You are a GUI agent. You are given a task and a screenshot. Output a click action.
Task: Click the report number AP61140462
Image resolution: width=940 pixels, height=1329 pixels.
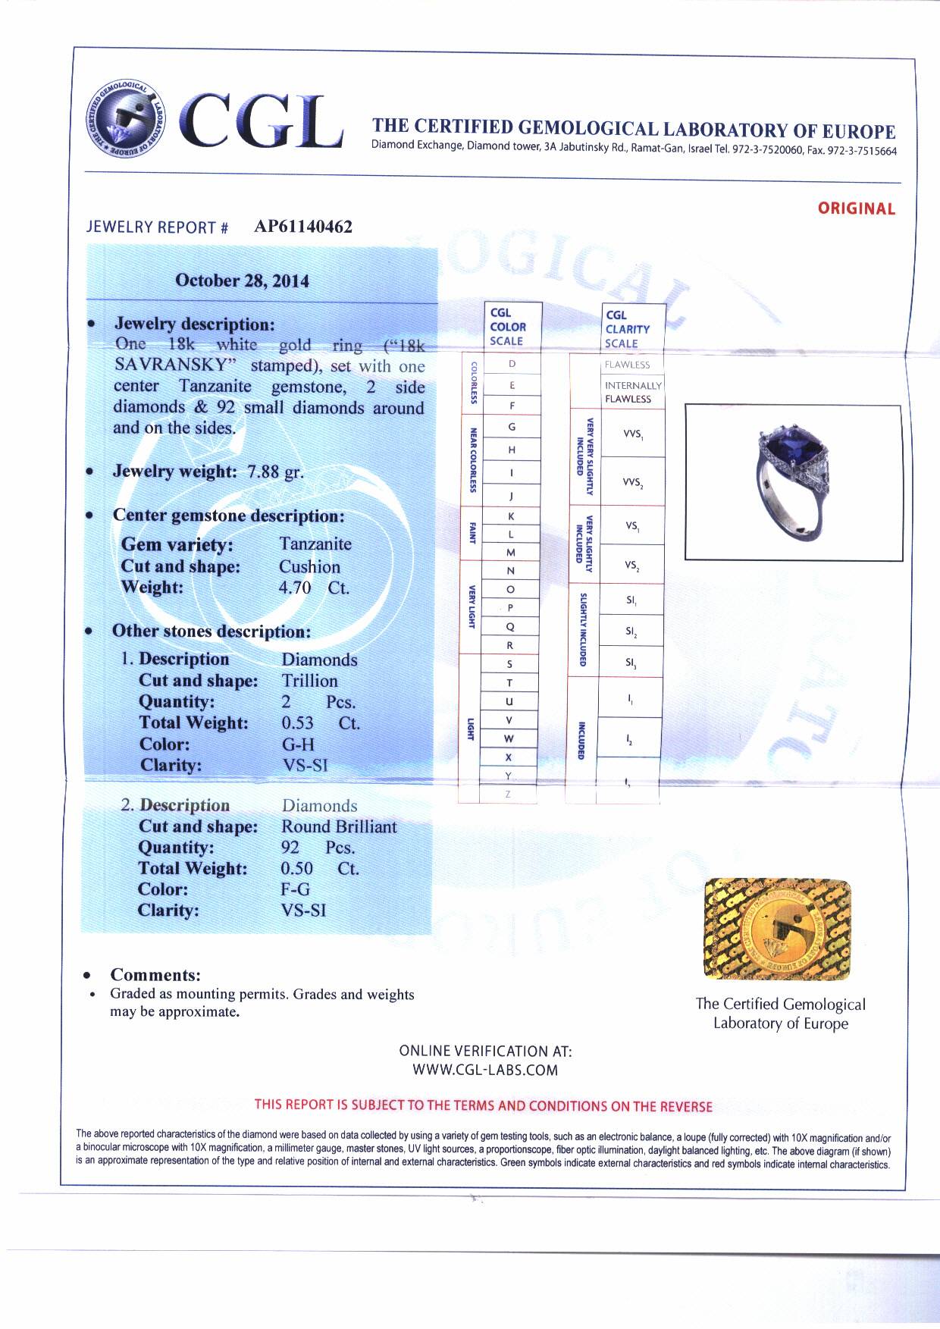(x=303, y=227)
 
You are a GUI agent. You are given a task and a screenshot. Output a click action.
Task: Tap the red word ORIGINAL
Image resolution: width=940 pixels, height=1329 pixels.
(x=856, y=208)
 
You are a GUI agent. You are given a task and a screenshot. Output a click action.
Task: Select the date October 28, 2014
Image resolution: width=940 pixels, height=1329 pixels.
(x=242, y=281)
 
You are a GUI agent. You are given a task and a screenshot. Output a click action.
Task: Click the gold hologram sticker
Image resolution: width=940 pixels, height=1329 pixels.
(x=777, y=929)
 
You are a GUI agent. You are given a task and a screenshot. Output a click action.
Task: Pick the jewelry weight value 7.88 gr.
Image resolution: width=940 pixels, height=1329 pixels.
(x=275, y=472)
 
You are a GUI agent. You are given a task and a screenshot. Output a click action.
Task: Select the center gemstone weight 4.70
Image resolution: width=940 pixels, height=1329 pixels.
(x=295, y=588)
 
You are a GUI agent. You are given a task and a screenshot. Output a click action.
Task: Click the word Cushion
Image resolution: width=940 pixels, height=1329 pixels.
(x=309, y=567)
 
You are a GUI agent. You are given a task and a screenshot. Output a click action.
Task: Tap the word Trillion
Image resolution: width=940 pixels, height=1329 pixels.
(x=309, y=681)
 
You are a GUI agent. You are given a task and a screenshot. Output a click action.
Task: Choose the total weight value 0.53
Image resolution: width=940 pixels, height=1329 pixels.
(x=297, y=723)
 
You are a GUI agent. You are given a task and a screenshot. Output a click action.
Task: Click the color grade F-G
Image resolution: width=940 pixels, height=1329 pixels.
(x=295, y=889)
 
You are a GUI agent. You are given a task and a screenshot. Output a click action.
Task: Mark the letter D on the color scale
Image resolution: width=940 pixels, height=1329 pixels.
(x=512, y=364)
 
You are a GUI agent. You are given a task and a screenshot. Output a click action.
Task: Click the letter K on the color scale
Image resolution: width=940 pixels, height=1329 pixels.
(x=511, y=516)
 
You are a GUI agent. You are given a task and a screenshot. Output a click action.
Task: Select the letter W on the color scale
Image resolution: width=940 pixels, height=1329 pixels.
(x=509, y=738)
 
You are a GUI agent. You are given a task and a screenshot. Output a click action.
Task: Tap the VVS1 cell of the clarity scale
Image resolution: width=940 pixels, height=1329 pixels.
(x=632, y=434)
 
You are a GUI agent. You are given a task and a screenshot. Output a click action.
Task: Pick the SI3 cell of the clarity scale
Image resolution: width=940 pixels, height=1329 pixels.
(x=631, y=663)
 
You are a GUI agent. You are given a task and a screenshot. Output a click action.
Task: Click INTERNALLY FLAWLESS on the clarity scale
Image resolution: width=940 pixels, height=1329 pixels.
(x=632, y=392)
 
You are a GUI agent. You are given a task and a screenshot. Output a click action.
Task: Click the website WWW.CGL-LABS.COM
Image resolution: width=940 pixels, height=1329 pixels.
(x=485, y=1070)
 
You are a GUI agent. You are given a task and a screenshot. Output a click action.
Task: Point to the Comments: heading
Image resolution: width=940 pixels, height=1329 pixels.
(x=155, y=975)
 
